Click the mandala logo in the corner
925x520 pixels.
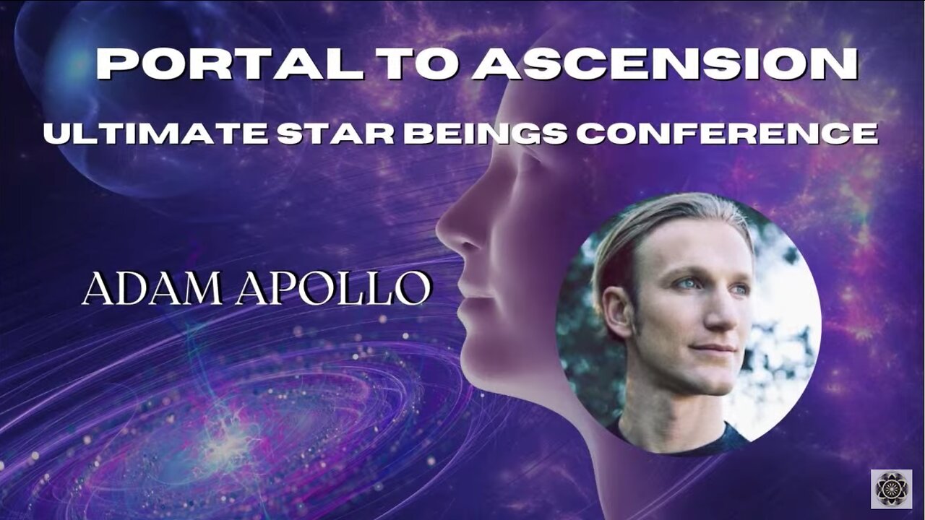point(891,490)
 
